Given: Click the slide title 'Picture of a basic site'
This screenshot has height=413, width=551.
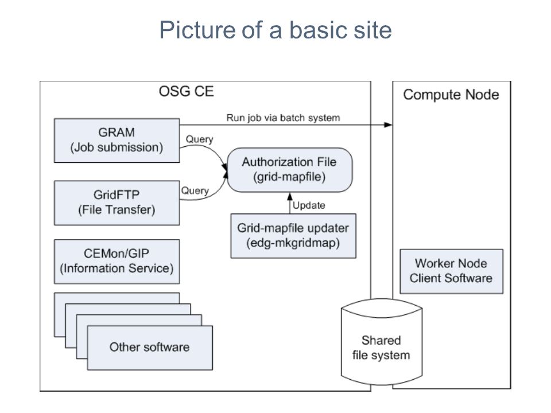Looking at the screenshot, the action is coord(275,30).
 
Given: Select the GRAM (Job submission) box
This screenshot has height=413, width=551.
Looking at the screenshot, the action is coord(117,141).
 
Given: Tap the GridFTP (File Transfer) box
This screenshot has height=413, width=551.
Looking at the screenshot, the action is coord(117,202).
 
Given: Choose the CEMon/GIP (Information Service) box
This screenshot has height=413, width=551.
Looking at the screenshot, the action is coord(117,262).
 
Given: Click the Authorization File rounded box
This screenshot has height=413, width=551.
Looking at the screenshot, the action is coord(289,170).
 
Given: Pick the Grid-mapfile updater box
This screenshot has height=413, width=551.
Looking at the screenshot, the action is coord(293,236).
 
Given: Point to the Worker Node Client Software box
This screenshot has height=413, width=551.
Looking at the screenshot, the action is coord(451,271).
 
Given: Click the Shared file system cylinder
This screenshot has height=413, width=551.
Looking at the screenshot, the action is coord(381,342).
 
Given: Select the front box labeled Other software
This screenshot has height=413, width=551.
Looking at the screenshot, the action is coord(150,348).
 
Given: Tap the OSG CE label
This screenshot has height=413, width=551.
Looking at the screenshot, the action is coord(186,91).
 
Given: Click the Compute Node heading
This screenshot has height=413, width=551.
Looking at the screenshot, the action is coord(451,95).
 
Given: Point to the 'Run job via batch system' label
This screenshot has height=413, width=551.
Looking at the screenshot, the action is coord(283,118).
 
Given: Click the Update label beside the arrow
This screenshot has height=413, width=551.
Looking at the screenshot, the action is coord(309,205).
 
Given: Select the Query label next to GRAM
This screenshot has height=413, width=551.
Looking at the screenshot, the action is coord(199,139).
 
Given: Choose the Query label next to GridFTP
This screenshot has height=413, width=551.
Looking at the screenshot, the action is coord(195,190).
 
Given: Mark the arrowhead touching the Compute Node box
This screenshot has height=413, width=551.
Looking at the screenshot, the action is coord(388,124).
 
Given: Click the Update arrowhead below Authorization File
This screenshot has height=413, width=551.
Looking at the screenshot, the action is coord(290,196).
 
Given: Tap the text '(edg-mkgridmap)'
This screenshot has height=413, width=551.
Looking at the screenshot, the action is coord(293,243).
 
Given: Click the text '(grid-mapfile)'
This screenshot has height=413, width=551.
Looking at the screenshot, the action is coord(289,177).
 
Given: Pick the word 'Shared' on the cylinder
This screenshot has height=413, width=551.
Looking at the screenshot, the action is coord(381,340).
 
